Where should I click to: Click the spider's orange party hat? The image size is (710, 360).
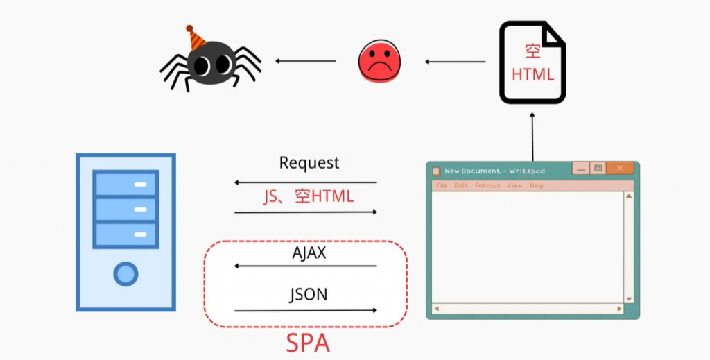pos(196,38)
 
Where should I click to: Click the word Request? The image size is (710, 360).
pos(309,163)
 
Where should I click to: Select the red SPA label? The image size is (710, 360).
pos(309,343)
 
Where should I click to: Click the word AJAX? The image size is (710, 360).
pos(309,253)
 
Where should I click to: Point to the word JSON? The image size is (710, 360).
pos(309,294)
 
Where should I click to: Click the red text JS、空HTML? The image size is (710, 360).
pos(309,196)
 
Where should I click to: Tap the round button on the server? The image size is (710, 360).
pos(125,273)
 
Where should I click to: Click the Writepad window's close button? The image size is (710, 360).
pos(620,169)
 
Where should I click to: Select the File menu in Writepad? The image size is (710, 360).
pos(442,186)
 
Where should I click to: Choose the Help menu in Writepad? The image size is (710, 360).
pos(537,186)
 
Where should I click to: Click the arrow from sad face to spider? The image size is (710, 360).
pos(306,61)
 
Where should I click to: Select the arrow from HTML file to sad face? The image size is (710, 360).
pos(456,62)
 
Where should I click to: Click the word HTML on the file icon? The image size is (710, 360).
pos(533,74)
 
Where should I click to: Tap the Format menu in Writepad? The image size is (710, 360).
pos(488,186)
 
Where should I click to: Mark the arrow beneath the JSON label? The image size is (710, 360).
pos(306,310)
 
